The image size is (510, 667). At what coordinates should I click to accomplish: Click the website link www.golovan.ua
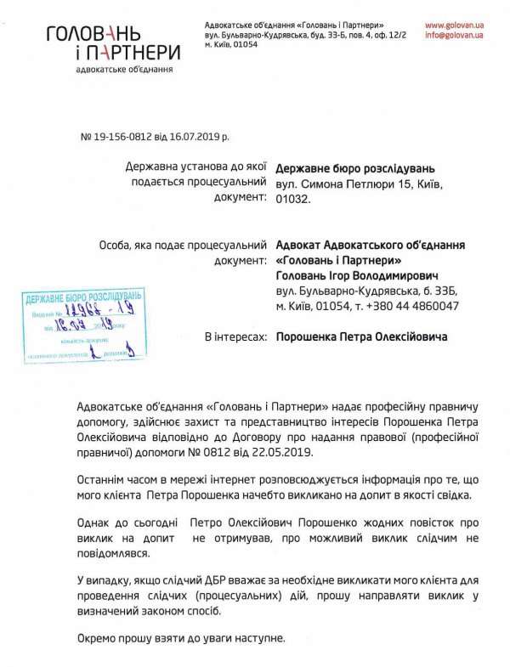(454, 26)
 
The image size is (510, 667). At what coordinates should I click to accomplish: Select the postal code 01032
(294, 199)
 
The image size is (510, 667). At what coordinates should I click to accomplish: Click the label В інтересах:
(229, 336)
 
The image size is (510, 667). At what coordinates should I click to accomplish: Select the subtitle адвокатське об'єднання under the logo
(126, 68)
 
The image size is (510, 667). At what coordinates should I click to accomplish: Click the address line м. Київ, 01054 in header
(231, 43)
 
